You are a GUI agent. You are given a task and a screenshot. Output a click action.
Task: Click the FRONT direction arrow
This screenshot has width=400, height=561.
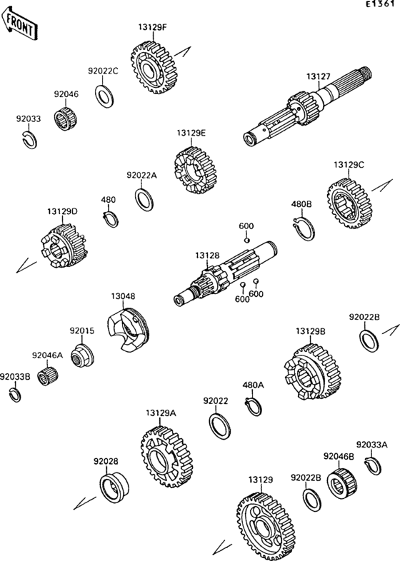point(19,24)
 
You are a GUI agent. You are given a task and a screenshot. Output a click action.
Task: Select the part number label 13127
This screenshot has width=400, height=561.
point(318,76)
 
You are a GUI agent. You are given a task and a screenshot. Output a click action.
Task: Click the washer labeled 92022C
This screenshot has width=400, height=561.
point(104,96)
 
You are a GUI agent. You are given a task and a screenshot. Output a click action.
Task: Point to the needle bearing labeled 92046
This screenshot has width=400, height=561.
point(66,118)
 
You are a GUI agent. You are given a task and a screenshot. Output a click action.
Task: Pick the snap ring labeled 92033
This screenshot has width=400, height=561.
point(29,140)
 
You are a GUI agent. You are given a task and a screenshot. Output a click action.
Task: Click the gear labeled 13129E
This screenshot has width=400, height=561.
point(196,170)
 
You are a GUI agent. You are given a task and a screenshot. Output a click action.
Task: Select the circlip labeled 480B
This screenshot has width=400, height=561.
point(304,228)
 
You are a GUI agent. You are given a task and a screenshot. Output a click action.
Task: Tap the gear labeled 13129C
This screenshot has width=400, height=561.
point(349,204)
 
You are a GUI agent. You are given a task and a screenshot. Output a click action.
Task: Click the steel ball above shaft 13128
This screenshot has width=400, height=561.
point(246,240)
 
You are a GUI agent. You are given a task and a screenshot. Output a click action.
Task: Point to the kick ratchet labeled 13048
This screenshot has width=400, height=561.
point(128,330)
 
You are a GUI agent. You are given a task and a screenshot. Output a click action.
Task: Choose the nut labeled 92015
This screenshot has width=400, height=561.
point(82,355)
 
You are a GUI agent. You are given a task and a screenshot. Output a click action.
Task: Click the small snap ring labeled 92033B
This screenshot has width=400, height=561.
point(15,395)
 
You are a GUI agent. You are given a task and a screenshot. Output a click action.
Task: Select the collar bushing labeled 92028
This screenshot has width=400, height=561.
point(114,487)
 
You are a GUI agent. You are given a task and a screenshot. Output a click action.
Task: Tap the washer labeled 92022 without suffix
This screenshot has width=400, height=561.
point(219,427)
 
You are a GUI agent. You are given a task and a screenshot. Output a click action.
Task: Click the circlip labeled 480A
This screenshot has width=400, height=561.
point(254,406)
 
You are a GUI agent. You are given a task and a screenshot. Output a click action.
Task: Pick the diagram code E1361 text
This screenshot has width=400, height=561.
point(382,4)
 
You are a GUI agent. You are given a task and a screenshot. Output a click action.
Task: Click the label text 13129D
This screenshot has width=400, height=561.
point(62,211)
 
